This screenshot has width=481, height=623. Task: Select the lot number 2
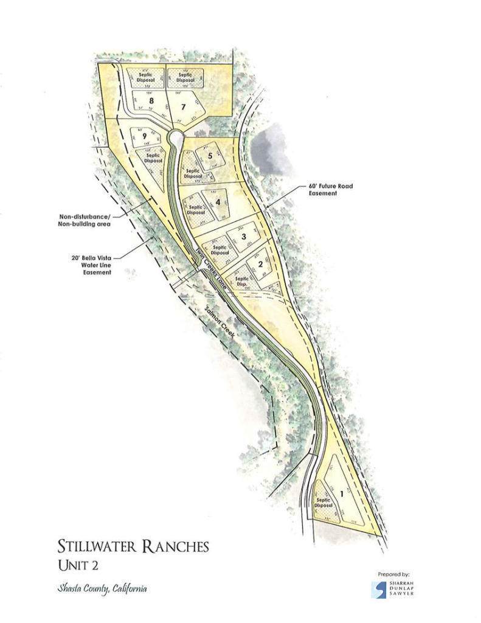(x=260, y=264)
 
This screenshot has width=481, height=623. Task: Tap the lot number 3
(x=243, y=236)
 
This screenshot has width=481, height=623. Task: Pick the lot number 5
(x=210, y=156)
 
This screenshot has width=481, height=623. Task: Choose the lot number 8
(x=144, y=100)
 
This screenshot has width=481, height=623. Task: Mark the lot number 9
(x=145, y=137)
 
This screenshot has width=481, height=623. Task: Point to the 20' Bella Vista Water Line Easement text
(x=86, y=265)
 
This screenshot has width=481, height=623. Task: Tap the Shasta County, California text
(x=102, y=589)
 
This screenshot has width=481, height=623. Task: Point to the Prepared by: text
(x=394, y=574)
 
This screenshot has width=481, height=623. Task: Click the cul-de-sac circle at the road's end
(x=175, y=137)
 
